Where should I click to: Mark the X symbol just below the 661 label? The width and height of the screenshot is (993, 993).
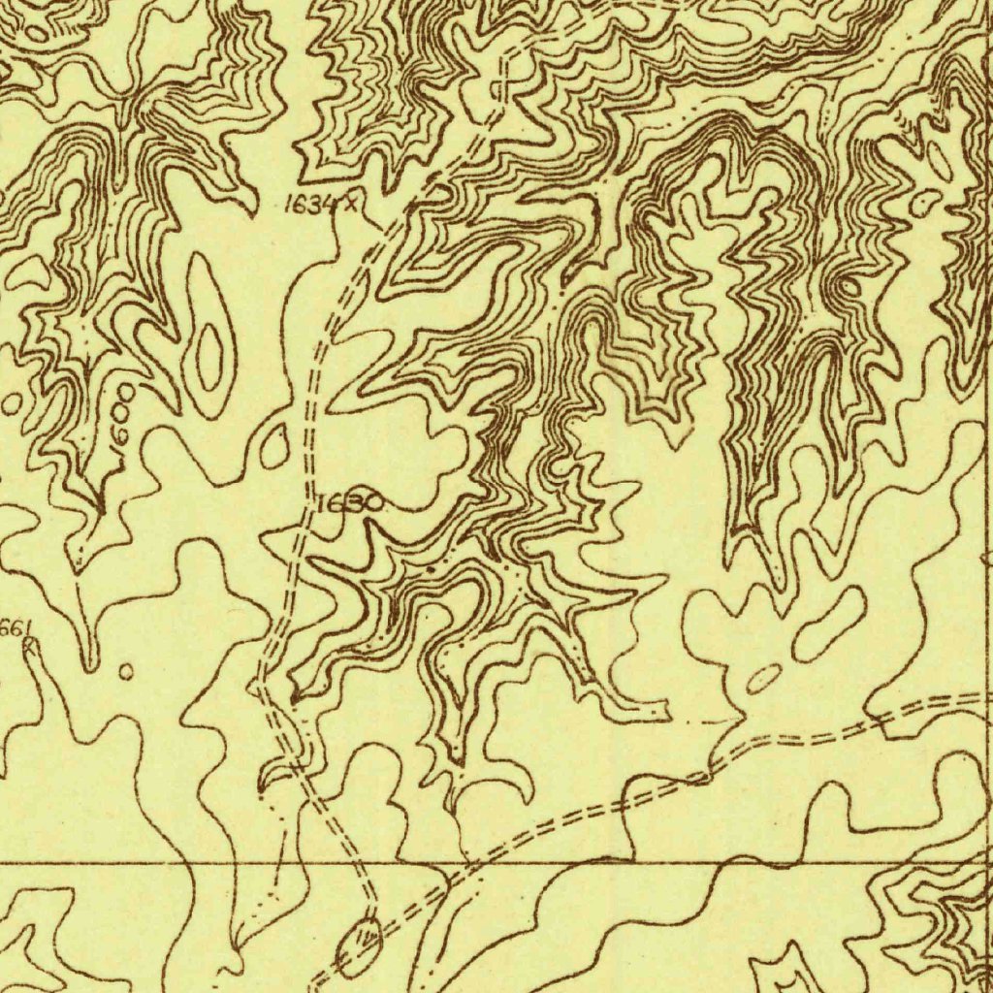click(x=29, y=645)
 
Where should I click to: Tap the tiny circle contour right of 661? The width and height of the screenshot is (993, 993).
click(x=125, y=670)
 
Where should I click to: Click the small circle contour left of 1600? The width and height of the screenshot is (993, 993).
click(x=12, y=401)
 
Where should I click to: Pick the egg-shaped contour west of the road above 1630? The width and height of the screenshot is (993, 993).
click(x=274, y=444)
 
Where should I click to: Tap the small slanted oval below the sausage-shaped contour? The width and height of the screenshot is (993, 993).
click(x=764, y=679)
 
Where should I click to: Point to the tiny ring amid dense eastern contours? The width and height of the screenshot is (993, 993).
click(x=850, y=287)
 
